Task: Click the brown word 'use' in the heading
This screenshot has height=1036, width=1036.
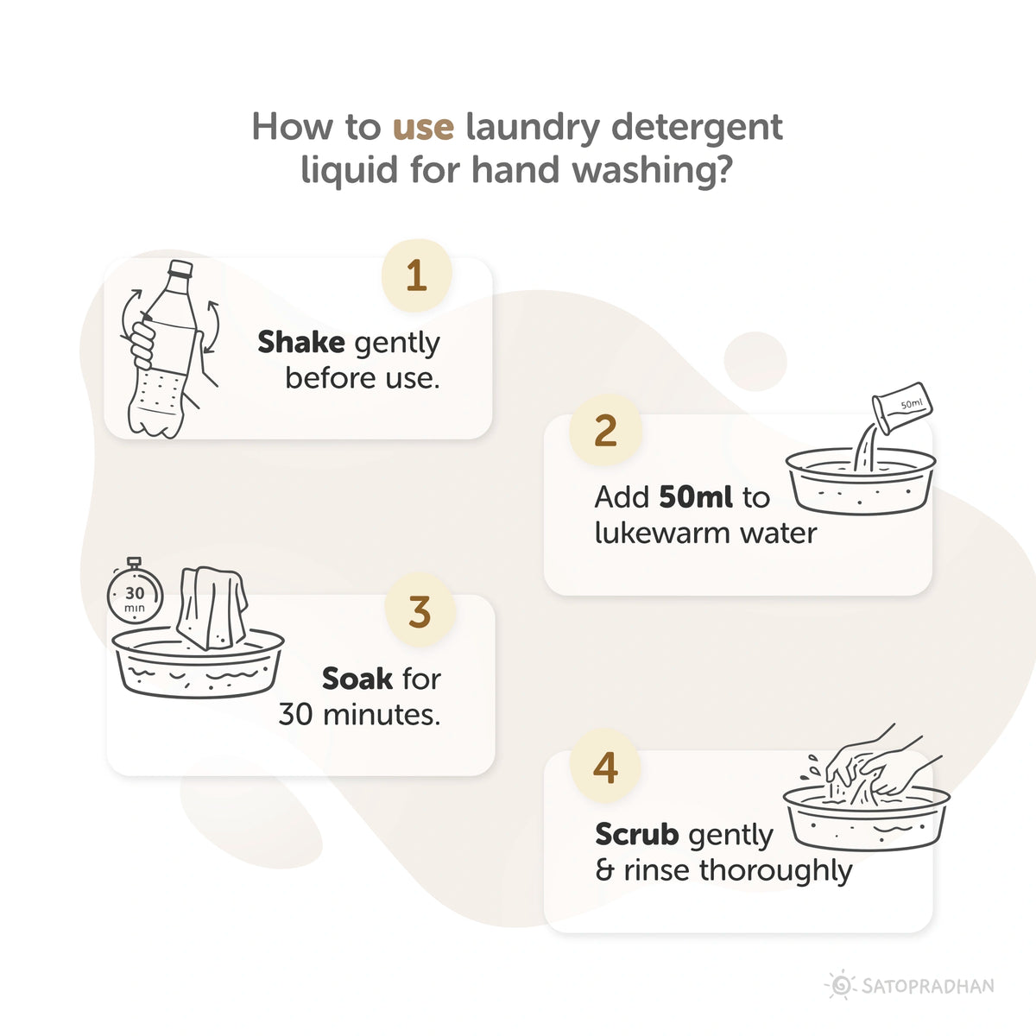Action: [423, 127]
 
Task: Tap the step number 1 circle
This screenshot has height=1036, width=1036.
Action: [416, 276]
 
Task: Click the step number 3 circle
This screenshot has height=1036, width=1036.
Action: [420, 612]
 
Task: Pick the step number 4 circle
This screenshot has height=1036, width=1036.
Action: [605, 768]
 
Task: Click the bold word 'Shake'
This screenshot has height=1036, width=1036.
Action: [301, 342]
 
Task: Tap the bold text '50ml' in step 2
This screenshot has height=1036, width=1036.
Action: [696, 497]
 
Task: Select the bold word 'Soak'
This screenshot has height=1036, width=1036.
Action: [357, 679]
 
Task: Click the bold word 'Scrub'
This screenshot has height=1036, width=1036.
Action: [636, 835]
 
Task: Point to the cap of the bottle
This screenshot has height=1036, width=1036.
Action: [180, 268]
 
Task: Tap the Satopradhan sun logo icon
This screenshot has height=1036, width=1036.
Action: [839, 985]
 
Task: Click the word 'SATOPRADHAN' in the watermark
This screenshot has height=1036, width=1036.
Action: [928, 986]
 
